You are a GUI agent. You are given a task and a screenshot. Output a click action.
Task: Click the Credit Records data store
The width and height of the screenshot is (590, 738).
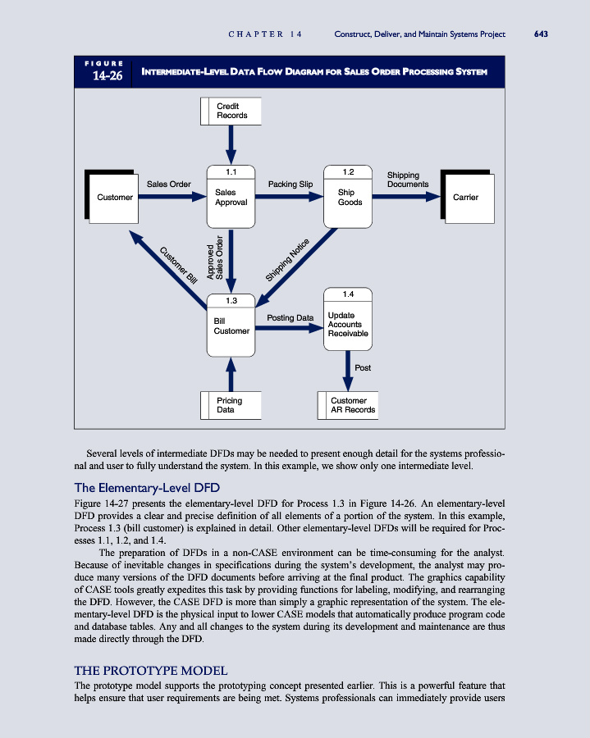[x=231, y=111]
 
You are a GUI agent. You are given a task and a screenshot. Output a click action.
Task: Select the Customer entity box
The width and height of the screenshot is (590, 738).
[x=114, y=198]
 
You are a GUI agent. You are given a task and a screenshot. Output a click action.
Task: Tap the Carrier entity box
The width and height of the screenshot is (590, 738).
[x=466, y=198]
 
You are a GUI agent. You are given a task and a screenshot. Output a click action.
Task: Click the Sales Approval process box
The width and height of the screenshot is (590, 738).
[x=231, y=197]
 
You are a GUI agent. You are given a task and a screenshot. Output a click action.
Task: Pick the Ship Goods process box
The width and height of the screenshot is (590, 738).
[x=349, y=197]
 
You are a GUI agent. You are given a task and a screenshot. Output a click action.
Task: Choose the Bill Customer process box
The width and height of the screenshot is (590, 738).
[x=231, y=326]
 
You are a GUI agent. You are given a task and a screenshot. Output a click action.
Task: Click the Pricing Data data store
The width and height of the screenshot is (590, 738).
[x=230, y=405]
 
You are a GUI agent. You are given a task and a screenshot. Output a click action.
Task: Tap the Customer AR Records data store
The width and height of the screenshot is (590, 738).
[x=349, y=405]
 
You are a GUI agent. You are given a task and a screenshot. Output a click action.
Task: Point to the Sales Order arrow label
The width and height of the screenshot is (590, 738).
[x=169, y=184]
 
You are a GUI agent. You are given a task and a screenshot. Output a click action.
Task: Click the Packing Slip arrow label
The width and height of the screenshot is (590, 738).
[x=290, y=184]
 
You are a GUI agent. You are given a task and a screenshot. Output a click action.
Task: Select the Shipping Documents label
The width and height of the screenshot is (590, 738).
[x=407, y=180]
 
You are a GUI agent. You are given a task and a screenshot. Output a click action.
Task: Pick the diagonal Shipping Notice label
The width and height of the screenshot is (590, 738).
[x=286, y=259]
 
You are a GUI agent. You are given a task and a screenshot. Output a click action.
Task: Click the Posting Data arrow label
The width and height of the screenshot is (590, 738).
[x=290, y=317]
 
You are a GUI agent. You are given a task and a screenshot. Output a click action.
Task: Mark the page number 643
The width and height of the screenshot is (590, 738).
[x=540, y=34]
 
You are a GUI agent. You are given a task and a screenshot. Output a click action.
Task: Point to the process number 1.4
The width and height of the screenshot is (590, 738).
[x=348, y=294]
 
